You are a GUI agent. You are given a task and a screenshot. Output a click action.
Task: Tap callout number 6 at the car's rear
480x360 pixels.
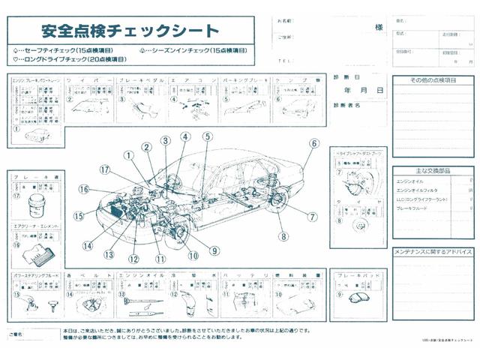tap(314, 143)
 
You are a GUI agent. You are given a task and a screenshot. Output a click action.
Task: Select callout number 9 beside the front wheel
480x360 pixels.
tap(214, 251)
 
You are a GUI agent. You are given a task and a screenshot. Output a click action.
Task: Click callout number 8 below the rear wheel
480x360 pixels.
tap(283, 237)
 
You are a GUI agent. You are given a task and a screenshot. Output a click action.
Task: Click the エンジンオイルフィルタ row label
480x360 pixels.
tap(418, 190)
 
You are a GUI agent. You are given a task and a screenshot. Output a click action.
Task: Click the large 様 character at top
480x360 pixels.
tap(379, 28)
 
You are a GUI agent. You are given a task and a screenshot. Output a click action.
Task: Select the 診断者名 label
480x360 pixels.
tap(346, 106)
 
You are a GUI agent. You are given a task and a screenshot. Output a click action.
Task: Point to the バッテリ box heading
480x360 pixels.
tap(247, 275)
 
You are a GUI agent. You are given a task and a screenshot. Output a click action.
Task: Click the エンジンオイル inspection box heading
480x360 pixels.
tap(141, 275)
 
